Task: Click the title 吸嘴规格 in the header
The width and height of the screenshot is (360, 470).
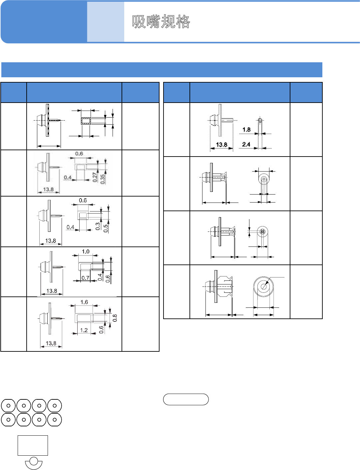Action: coord(161,22)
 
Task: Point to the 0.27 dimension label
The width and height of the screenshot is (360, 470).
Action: coord(95,177)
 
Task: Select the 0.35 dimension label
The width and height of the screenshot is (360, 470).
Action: coord(103,179)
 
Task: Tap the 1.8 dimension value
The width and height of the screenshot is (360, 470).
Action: coord(246,130)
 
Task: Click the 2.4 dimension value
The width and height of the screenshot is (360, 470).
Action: coord(246,144)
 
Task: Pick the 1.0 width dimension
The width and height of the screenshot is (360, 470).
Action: coord(86,251)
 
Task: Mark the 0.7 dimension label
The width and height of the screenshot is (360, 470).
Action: coord(86,278)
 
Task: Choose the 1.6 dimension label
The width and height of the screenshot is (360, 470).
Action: coord(84,302)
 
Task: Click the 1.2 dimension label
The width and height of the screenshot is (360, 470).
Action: coord(84,330)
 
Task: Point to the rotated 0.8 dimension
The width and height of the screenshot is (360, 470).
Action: coord(115,318)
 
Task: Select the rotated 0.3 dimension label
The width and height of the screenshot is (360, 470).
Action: coord(98,226)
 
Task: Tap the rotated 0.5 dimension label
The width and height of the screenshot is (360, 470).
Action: coord(106,228)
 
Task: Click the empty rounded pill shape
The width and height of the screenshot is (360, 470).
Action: coord(186,399)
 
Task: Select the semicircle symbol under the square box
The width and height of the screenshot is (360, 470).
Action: coord(34,463)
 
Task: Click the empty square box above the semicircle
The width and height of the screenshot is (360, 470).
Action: coord(33,445)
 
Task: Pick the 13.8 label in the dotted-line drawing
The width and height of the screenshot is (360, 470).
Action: coord(221,145)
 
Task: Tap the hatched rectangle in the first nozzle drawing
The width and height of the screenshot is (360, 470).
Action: coord(86,121)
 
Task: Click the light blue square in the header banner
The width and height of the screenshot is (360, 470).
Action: coord(106,22)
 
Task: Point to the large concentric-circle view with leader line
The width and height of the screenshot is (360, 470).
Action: coord(263,286)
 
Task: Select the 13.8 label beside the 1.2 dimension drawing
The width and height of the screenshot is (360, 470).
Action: coord(51,343)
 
